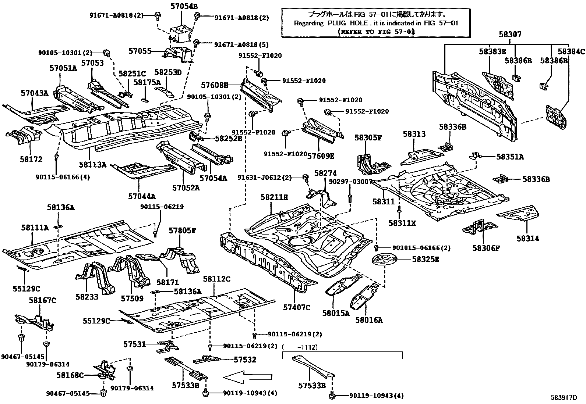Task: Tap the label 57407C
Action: pyautogui.click(x=297, y=307)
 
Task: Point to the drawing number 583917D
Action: pyautogui.click(x=564, y=397)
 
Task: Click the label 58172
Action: pyautogui.click(x=31, y=159)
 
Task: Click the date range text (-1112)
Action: pyautogui.click(x=300, y=347)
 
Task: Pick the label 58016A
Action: pyautogui.click(x=369, y=320)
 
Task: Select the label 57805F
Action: pyautogui.click(x=183, y=230)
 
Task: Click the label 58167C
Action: pyautogui.click(x=42, y=300)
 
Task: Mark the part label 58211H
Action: pyautogui.click(x=275, y=197)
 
